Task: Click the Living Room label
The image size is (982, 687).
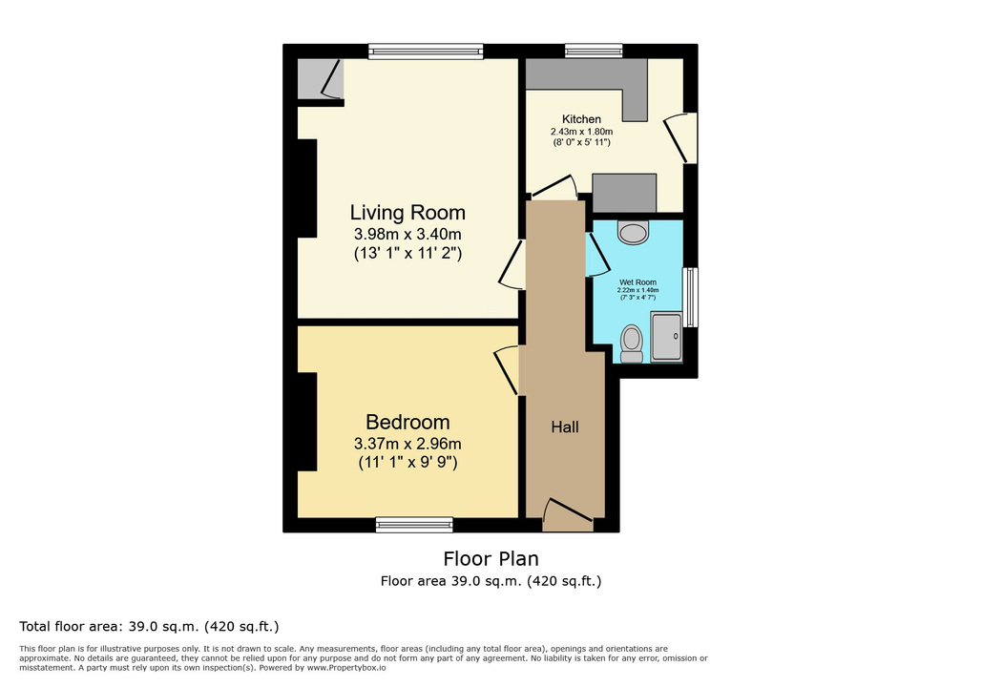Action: (407, 213)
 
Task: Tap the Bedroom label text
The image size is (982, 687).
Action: (407, 422)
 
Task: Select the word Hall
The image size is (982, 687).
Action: (564, 427)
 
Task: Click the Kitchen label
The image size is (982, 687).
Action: (581, 119)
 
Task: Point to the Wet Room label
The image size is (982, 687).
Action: (637, 282)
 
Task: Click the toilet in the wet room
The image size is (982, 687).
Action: (632, 343)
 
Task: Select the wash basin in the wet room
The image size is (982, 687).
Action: (633, 232)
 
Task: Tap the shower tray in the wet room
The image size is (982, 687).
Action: (666, 336)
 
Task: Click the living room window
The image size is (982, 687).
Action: (426, 52)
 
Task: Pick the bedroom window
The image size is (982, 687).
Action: (414, 525)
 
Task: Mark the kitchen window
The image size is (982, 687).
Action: (594, 52)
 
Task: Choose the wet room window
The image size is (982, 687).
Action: (690, 298)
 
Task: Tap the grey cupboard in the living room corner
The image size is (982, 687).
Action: (320, 79)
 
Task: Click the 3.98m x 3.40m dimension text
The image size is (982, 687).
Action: (407, 234)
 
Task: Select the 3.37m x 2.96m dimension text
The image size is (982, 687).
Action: (407, 444)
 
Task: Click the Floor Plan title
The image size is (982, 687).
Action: (491, 558)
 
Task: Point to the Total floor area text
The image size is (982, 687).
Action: (149, 626)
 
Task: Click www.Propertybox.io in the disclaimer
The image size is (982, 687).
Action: (345, 668)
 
